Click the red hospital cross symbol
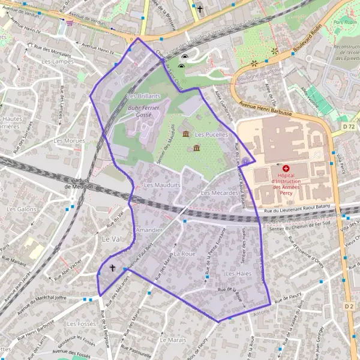[286, 169]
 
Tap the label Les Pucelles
[211, 135]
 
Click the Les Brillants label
[144, 96]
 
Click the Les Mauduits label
[162, 185]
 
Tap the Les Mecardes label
[219, 193]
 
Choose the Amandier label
[149, 230]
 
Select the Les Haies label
[238, 274]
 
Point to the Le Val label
[110, 239]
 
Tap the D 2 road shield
[349, 306]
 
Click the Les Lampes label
[53, 61]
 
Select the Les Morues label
[66, 140]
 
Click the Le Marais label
[173, 340]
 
